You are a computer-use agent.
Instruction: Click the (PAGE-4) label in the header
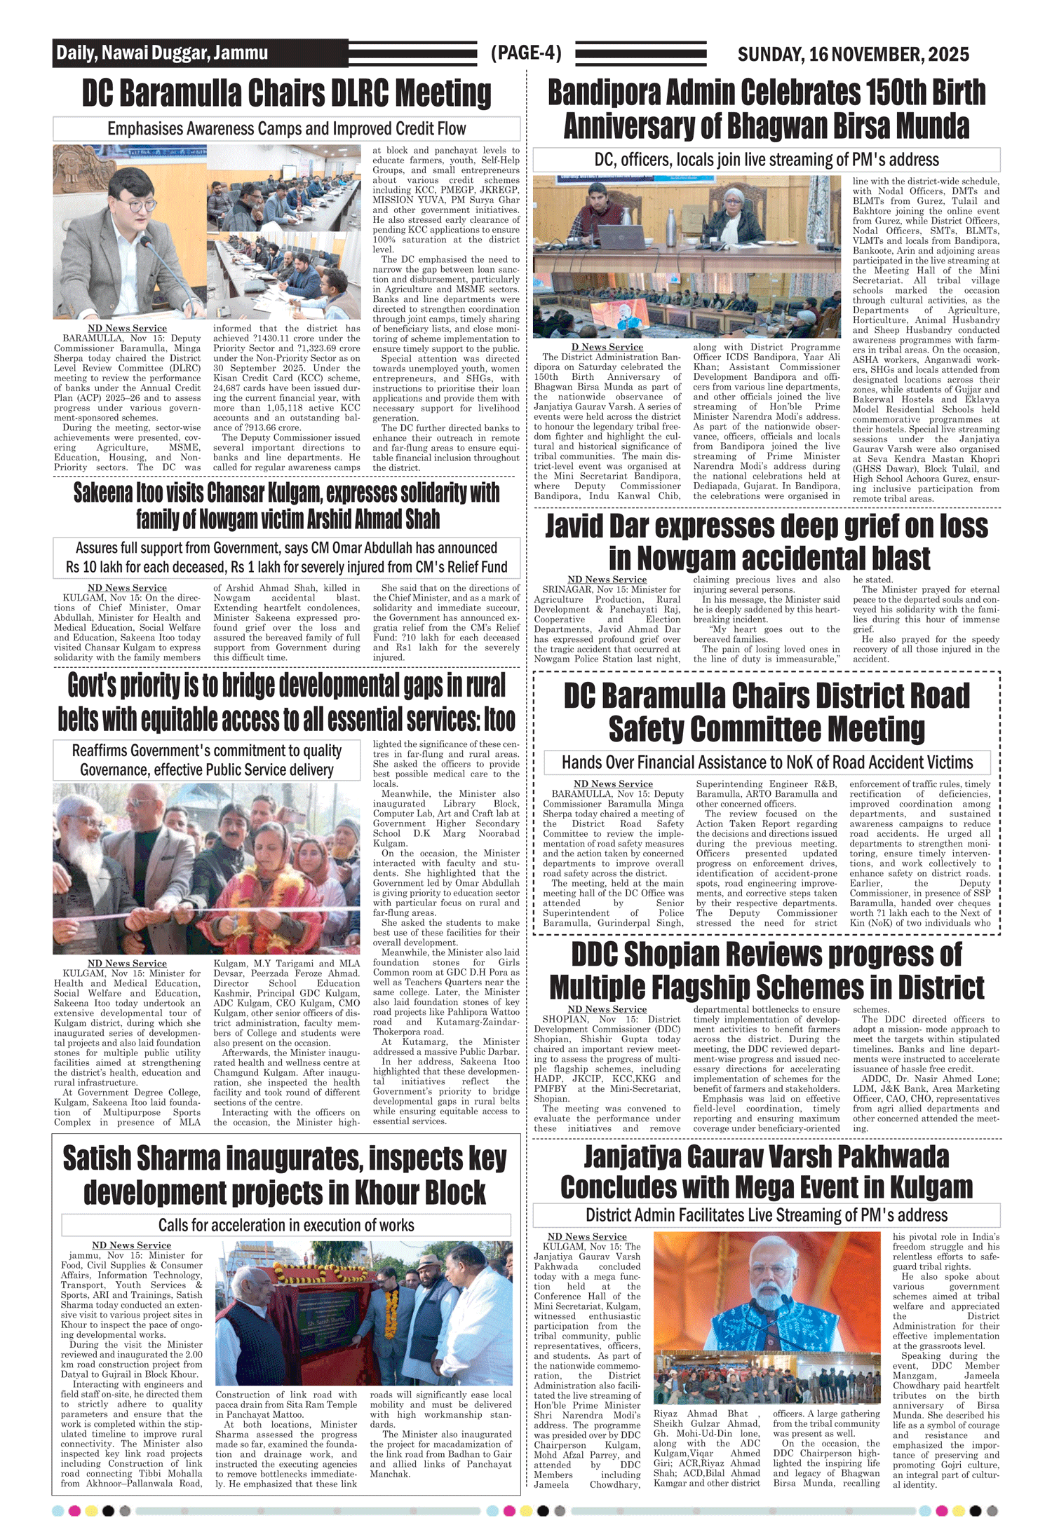click(x=526, y=53)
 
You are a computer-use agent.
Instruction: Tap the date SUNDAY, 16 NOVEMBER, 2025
click(x=853, y=54)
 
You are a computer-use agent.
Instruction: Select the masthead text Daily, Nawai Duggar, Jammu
click(x=162, y=53)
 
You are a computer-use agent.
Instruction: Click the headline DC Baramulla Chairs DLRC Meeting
click(x=286, y=94)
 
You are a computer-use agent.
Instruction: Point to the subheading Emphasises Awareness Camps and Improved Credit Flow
click(x=286, y=129)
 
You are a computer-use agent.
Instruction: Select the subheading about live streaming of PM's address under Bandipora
click(x=766, y=160)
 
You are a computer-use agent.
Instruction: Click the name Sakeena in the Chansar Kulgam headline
click(x=104, y=493)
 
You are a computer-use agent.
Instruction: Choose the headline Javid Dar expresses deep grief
click(x=766, y=542)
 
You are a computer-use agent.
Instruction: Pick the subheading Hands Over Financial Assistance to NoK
click(x=767, y=762)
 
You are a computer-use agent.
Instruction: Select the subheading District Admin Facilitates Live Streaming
click(x=766, y=1215)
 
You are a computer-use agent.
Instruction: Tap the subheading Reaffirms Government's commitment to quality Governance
click(x=207, y=760)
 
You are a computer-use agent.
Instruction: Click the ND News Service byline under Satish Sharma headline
click(x=131, y=1245)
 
